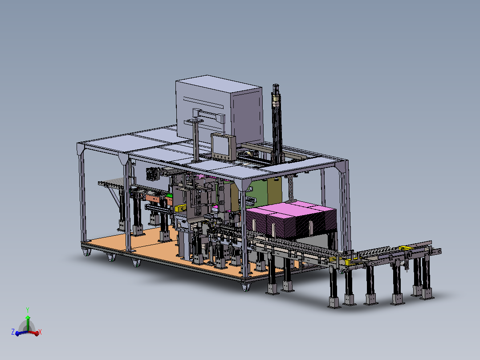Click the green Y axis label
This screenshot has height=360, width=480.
pyautogui.click(x=28, y=310)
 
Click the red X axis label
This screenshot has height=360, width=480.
pyautogui.click(x=40, y=332)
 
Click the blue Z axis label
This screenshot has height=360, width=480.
pyautogui.click(x=13, y=332)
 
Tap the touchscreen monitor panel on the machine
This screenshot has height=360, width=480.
pyautogui.click(x=223, y=147)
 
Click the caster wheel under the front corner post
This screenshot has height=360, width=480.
pyautogui.click(x=246, y=287)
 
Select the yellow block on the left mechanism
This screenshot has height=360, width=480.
pyautogui.click(x=180, y=208)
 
